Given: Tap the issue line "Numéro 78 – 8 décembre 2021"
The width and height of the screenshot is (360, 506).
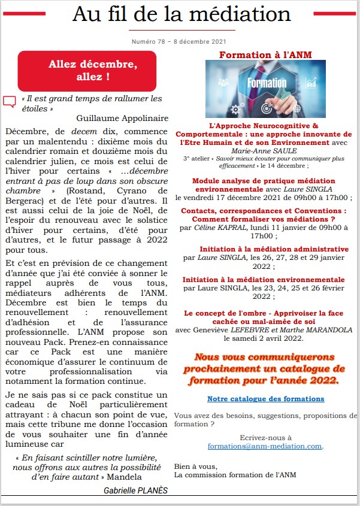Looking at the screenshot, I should click(179, 42).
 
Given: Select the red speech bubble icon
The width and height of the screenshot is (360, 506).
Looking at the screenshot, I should click(10, 102).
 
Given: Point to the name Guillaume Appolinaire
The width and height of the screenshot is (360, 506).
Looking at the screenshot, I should click(123, 118).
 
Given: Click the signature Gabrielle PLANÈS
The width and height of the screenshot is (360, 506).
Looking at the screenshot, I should click(135, 490).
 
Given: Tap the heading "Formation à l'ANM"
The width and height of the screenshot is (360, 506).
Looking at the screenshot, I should click(265, 55).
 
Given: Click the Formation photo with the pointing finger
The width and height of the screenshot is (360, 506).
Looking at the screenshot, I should click(265, 89).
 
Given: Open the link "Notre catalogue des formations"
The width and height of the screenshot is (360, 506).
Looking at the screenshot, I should click(266, 398).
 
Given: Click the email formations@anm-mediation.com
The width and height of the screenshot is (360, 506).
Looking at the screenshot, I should click(265, 446).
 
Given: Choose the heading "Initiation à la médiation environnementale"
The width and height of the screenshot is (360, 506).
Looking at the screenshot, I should click(264, 280).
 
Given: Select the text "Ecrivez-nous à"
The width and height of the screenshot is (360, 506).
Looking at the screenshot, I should click(265, 438).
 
